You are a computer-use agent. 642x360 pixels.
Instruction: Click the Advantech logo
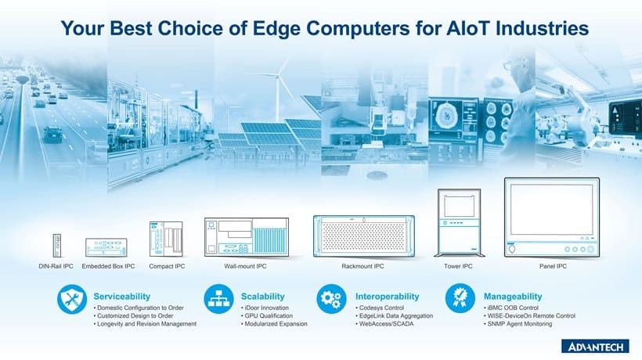(x=595, y=347)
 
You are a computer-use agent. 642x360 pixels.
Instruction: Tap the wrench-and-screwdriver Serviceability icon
(x=72, y=299)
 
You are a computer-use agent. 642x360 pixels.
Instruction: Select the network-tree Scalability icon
(x=218, y=299)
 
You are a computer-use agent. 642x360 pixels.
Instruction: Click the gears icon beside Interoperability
(x=331, y=299)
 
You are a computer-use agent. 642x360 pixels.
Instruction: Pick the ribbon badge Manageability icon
(x=460, y=299)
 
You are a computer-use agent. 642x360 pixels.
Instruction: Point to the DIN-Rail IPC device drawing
(x=57, y=246)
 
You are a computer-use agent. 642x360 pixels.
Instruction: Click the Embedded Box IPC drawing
(x=106, y=247)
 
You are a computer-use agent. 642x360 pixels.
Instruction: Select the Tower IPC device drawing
(x=459, y=222)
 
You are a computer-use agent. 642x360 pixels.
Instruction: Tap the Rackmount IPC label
(x=362, y=266)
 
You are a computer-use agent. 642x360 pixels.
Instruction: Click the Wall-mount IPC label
(x=245, y=266)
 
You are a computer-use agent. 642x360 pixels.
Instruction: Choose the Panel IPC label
(x=553, y=266)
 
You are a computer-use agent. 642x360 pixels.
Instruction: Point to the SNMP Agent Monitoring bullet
(x=518, y=323)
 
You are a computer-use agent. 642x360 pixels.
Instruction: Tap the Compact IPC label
(x=167, y=266)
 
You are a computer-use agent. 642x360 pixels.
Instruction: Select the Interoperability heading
(x=388, y=296)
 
